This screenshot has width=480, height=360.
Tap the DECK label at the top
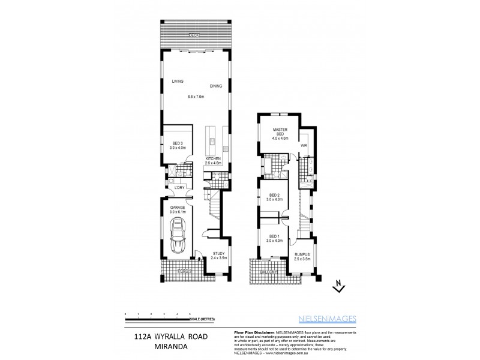click(193, 36)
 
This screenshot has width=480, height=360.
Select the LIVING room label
click(177, 81)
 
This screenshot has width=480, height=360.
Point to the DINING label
click(216, 86)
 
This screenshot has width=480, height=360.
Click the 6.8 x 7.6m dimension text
click(196, 96)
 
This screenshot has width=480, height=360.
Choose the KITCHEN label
click(213, 158)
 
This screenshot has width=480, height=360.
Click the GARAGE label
click(177, 208)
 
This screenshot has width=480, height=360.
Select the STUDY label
click(218, 254)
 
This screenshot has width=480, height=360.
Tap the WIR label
click(304, 145)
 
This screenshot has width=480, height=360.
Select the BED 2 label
click(275, 195)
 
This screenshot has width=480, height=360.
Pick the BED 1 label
click(274, 237)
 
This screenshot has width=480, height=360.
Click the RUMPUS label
click(302, 254)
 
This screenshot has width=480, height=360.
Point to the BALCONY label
click(266, 271)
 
